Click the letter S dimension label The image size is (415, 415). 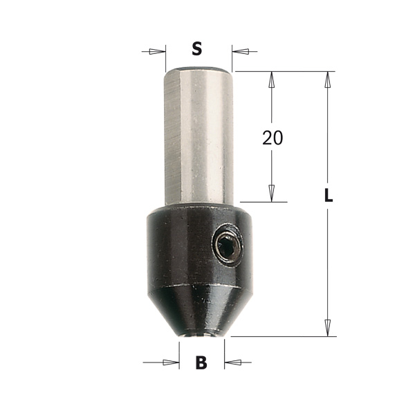(x=196, y=49)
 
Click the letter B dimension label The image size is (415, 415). (x=201, y=362)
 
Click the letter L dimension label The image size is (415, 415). (x=329, y=195)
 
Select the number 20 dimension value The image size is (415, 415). (x=273, y=138)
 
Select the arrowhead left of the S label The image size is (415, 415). (x=157, y=52)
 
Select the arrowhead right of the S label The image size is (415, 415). (x=240, y=52)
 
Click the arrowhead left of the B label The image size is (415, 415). (x=171, y=362)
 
